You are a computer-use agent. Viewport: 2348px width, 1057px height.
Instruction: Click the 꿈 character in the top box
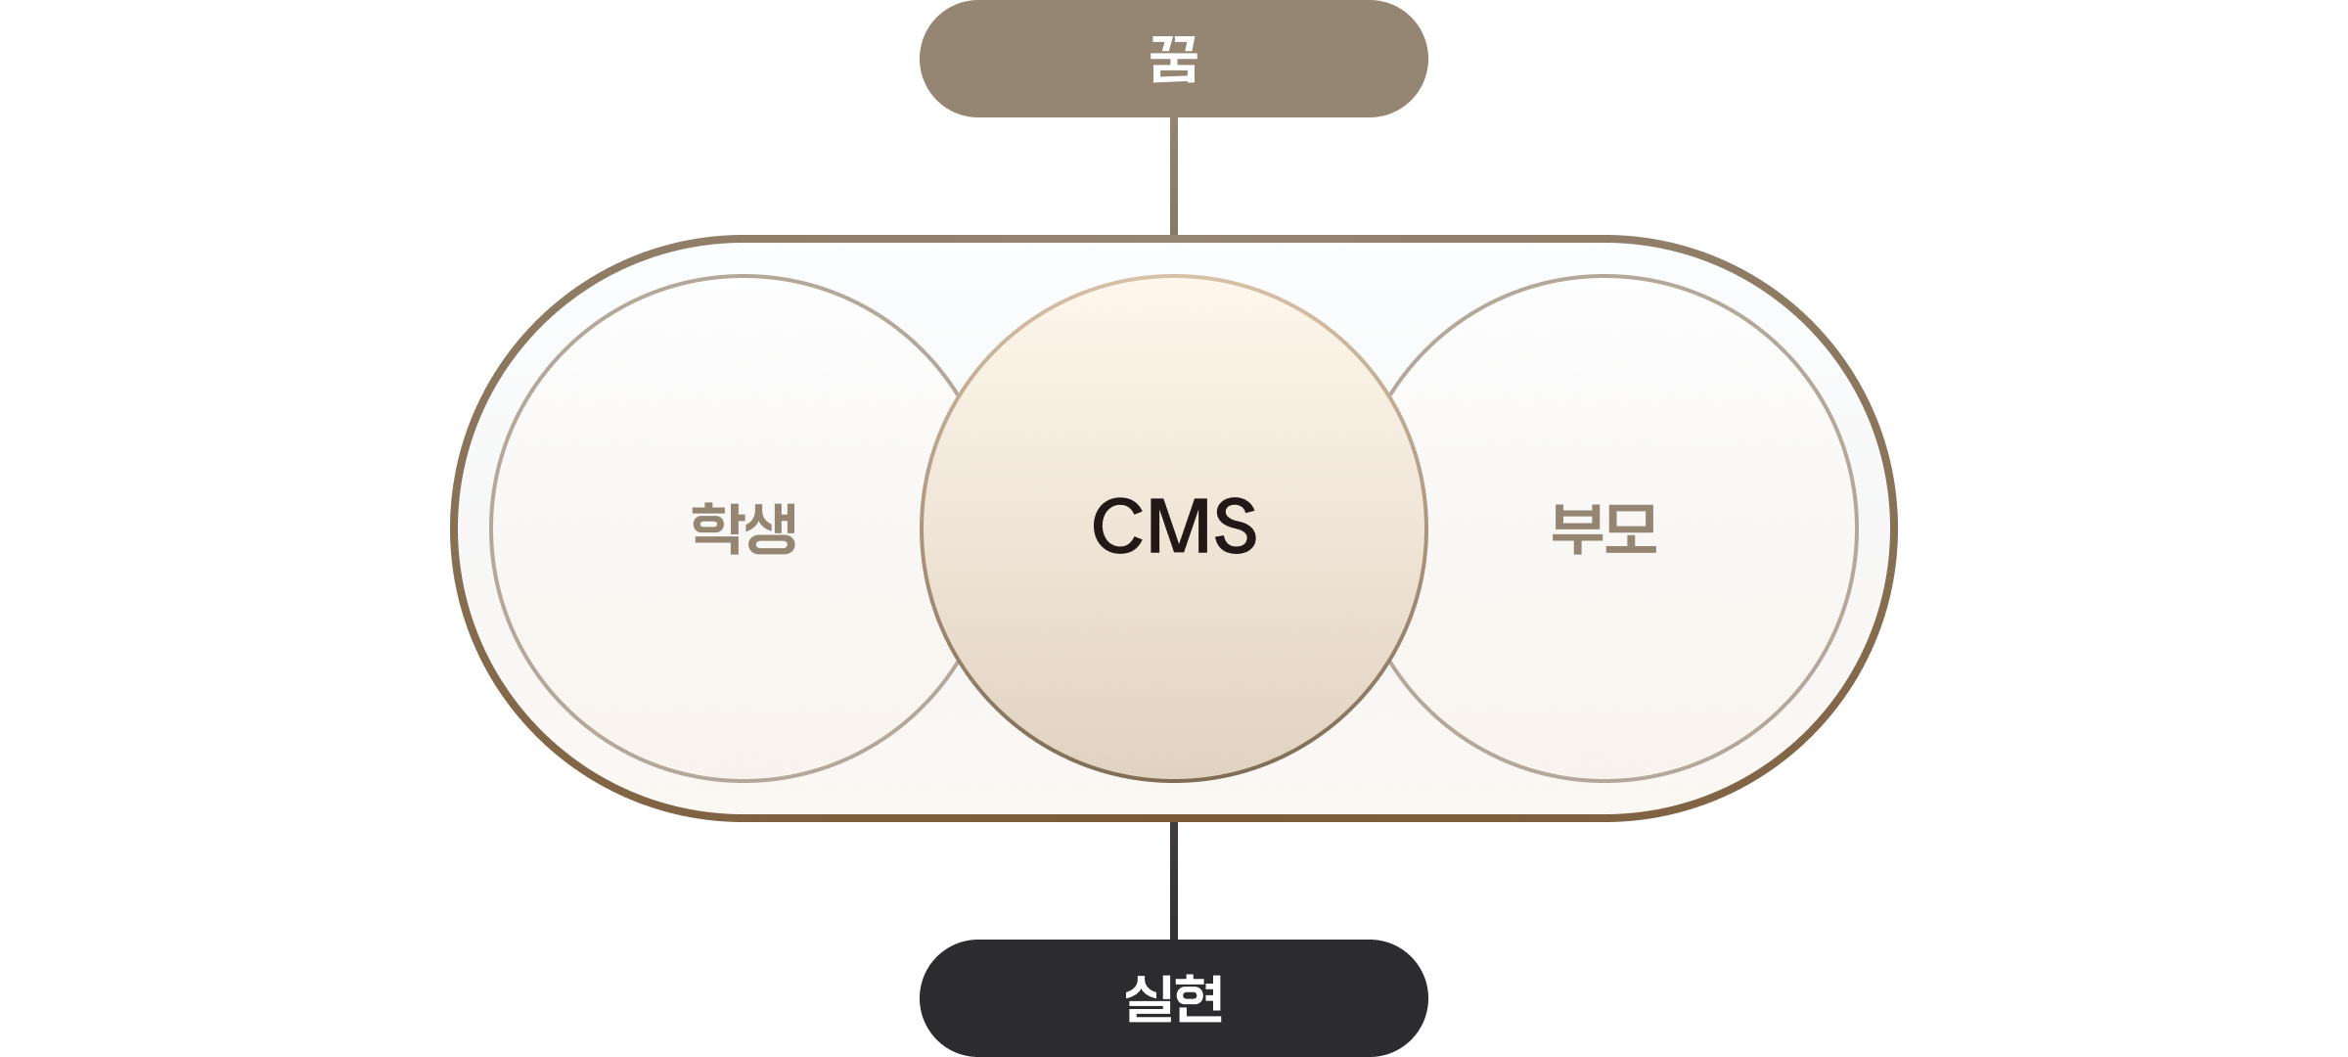pyautogui.click(x=1173, y=60)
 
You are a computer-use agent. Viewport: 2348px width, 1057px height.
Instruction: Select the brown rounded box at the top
pyautogui.click(x=1037, y=59)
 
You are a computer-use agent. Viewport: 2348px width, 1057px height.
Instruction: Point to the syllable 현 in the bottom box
pyautogui.click(x=1199, y=998)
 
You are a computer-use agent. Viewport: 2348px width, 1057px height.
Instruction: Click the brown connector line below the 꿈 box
pyautogui.click(x=1173, y=176)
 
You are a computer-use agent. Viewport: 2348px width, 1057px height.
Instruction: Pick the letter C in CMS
pyautogui.click(x=1118, y=526)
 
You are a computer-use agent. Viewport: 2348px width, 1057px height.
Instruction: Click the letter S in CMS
pyautogui.click(x=1235, y=526)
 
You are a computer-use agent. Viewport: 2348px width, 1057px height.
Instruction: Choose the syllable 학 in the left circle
pyautogui.click(x=716, y=528)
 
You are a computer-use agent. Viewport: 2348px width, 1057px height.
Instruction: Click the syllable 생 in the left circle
pyautogui.click(x=771, y=528)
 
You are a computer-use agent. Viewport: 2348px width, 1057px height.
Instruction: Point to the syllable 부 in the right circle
pyautogui.click(x=1577, y=528)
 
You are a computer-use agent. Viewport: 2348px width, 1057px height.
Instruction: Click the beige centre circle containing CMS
pyautogui.click(x=1173, y=666)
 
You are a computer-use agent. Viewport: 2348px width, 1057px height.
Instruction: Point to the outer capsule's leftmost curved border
pyautogui.click(x=455, y=528)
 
